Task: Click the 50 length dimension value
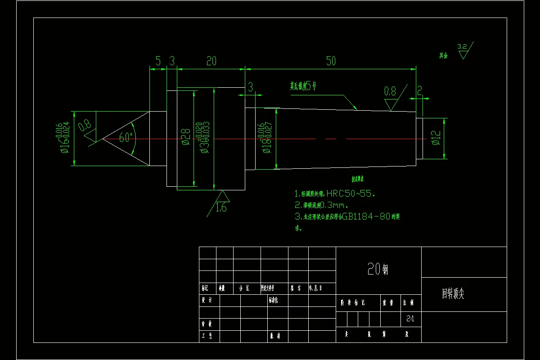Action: click(x=331, y=61)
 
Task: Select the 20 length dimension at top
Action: click(x=211, y=61)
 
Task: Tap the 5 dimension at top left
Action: click(x=158, y=61)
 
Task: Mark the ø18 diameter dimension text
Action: click(x=266, y=143)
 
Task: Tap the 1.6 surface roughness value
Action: click(x=221, y=208)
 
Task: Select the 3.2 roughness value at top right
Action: click(x=462, y=46)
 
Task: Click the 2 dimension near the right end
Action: click(x=419, y=91)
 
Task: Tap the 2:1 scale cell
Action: click(x=410, y=319)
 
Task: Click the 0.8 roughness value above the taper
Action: click(x=390, y=91)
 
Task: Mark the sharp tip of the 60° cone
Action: click(x=103, y=139)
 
